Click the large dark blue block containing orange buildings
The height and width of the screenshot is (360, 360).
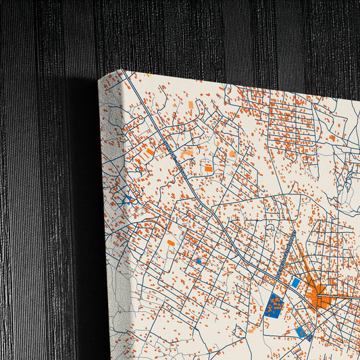(274, 306)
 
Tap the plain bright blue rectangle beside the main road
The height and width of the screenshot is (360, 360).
(295, 283)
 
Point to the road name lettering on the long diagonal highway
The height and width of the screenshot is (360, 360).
(174, 162)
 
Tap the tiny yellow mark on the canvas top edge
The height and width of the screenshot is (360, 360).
(148, 75)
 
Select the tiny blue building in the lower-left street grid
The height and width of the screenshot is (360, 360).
(199, 261)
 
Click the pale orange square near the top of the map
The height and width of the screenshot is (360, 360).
(190, 105)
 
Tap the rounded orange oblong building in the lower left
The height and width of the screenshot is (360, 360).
(171, 242)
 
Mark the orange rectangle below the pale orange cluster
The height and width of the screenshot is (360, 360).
(209, 169)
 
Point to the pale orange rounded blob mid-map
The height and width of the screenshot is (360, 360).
(232, 154)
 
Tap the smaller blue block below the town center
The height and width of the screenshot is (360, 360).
(302, 332)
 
